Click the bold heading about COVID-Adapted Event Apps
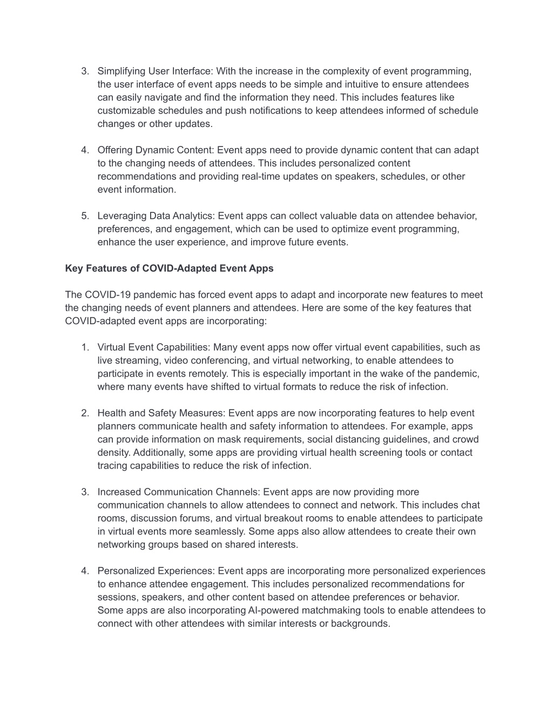(x=169, y=269)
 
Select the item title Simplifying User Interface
(x=155, y=71)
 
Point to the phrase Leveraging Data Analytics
(x=156, y=216)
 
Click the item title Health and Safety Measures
(x=161, y=413)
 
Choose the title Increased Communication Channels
(x=178, y=492)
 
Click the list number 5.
(x=85, y=216)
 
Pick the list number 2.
(x=85, y=413)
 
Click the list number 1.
(x=85, y=347)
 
